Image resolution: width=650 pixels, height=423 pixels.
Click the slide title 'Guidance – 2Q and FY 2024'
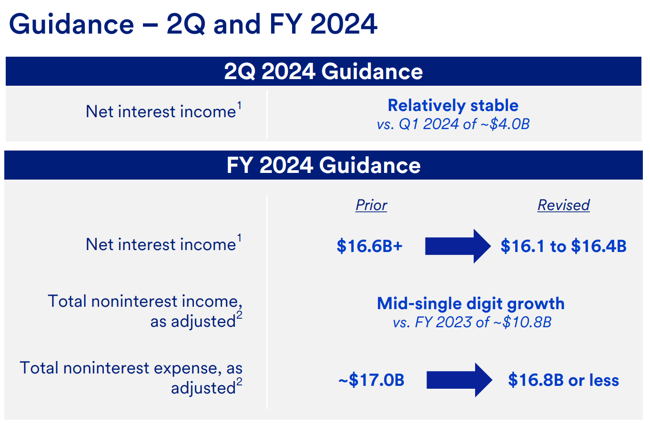[x=193, y=24]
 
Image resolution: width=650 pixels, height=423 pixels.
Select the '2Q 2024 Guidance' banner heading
[x=323, y=71]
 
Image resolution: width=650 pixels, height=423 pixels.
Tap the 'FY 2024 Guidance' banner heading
[x=323, y=165]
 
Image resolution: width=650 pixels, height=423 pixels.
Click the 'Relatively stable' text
[x=453, y=105]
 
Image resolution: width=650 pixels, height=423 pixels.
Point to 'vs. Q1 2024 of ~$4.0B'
[x=453, y=124]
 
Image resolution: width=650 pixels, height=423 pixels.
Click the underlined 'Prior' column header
[x=371, y=205]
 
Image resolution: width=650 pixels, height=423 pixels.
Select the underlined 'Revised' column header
[x=564, y=205]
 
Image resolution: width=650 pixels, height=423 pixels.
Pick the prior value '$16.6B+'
[x=369, y=246]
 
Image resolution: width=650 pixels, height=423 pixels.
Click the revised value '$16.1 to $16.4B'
[x=564, y=246]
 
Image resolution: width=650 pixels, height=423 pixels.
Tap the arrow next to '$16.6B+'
[x=458, y=246]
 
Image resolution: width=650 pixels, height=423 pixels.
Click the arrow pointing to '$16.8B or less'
[x=459, y=380]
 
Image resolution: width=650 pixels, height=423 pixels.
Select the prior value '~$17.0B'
[x=371, y=380]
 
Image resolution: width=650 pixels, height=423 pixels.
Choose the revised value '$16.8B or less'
[x=564, y=380]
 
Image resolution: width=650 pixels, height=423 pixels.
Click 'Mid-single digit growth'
[x=471, y=304]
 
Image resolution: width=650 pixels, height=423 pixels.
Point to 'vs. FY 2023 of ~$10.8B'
[x=472, y=322]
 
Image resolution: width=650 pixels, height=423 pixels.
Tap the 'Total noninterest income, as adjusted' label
[x=145, y=311]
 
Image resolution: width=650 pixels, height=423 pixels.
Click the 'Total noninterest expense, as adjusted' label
[x=131, y=378]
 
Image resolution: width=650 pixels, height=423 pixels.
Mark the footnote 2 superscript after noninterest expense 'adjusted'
[x=239, y=382]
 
